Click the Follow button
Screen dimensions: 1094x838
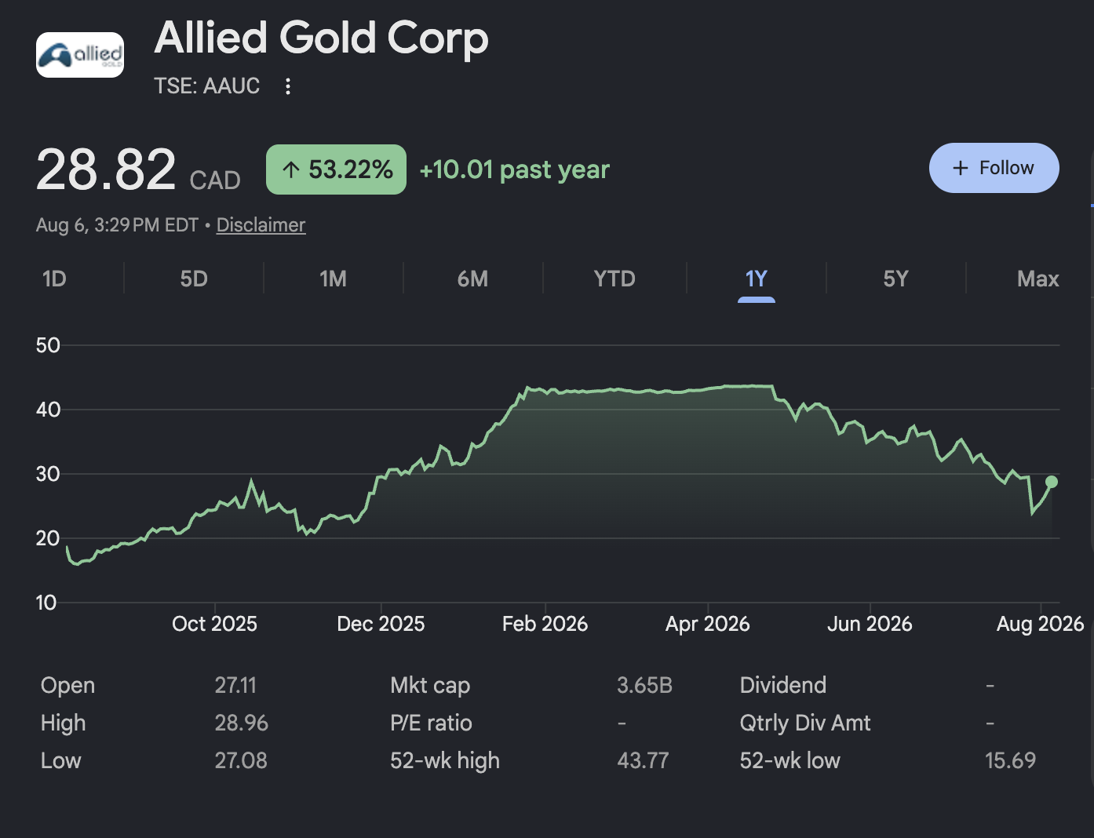point(994,168)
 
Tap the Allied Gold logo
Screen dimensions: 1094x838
point(80,55)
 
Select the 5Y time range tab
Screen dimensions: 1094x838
point(895,279)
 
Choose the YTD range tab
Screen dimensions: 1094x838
point(614,279)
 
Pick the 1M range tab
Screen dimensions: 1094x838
point(334,279)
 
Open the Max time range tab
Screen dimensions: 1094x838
point(1037,279)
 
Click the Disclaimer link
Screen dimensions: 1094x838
point(261,225)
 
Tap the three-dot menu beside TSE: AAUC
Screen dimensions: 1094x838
point(288,86)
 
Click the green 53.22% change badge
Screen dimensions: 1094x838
point(336,169)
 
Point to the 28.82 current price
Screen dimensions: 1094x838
point(106,169)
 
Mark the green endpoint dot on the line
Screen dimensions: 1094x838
point(1051,482)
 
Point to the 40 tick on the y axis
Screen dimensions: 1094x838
point(48,410)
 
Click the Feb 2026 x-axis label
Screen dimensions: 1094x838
point(545,624)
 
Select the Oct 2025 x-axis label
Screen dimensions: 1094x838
point(214,624)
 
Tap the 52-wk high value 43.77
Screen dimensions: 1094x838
point(643,760)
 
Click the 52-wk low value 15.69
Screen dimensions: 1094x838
point(1010,760)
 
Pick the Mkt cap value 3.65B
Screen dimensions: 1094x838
point(644,686)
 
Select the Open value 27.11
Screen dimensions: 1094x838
point(235,686)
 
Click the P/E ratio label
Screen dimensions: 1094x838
point(431,723)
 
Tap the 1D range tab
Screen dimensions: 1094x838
point(54,279)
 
